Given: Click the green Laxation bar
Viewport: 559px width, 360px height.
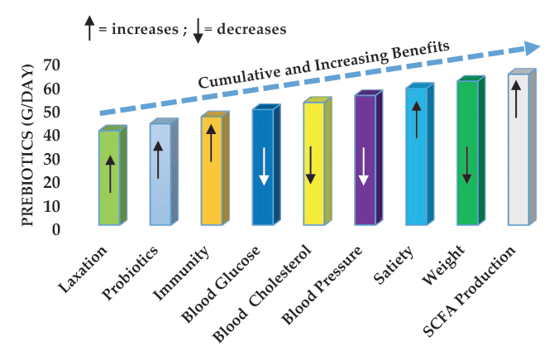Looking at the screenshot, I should click(x=109, y=177).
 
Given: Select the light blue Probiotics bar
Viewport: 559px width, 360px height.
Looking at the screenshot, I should click(x=160, y=174).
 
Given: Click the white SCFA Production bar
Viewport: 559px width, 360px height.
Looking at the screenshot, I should click(x=518, y=149).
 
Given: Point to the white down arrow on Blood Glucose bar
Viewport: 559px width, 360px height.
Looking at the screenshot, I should click(x=263, y=166).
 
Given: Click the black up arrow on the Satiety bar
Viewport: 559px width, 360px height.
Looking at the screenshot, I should click(x=417, y=120).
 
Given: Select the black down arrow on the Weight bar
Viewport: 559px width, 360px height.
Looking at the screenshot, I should click(x=467, y=166).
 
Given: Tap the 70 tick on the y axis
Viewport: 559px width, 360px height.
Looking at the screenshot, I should click(x=51, y=65).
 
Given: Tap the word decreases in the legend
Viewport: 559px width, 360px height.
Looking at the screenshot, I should click(x=246, y=29).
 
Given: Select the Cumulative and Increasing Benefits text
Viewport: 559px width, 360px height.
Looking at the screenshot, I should click(x=322, y=65).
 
